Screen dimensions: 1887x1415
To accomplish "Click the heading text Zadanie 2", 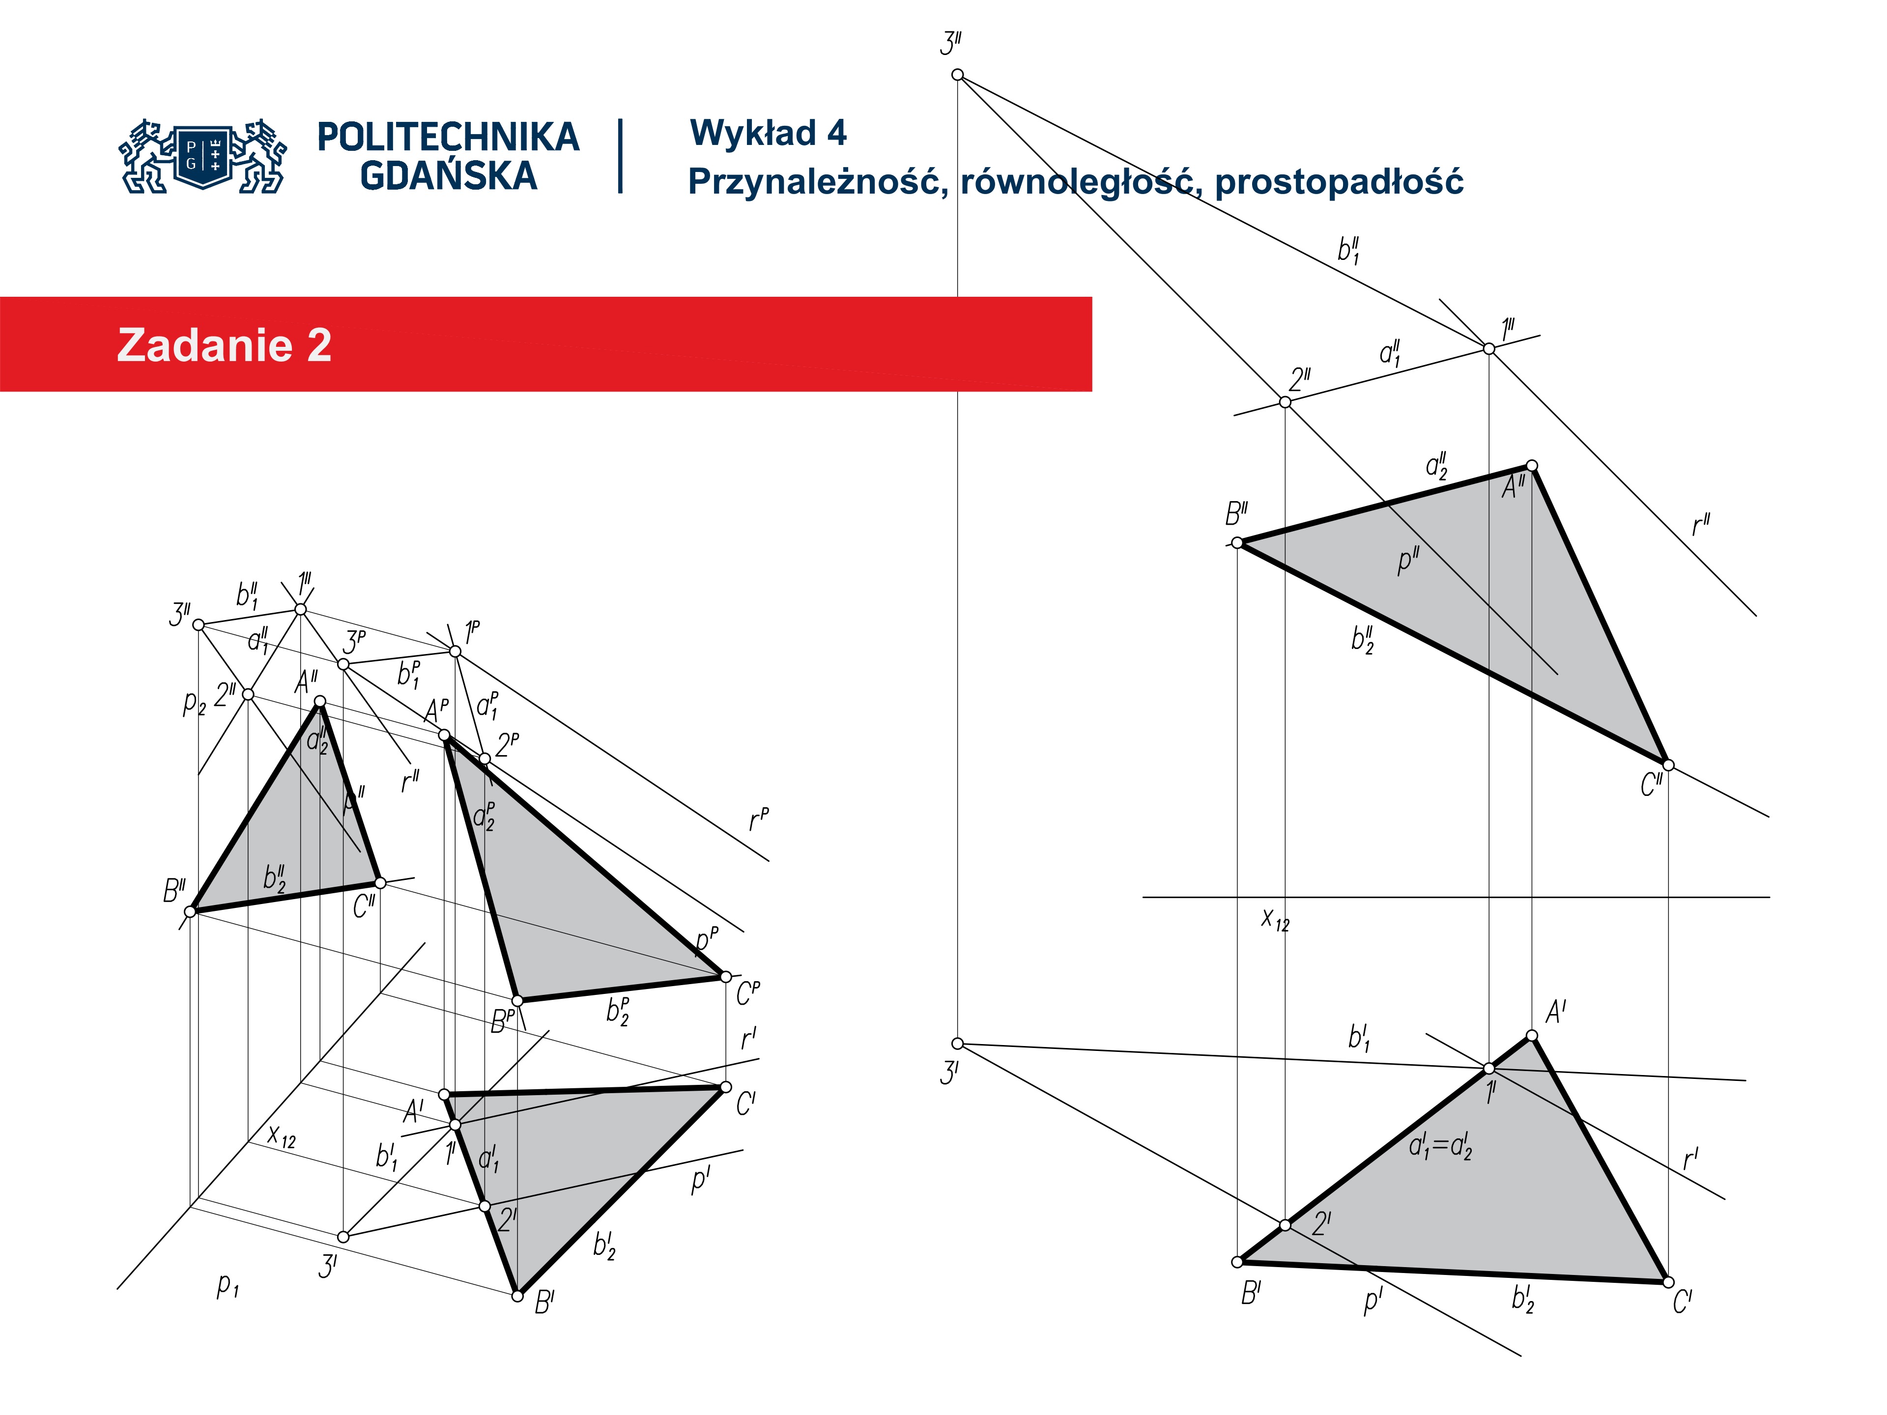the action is coord(225,345).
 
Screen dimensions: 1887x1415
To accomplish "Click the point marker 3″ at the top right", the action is coord(957,75).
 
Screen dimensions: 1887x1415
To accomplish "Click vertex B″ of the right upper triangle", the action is coord(1237,542).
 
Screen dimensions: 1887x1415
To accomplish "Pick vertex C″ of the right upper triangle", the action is coord(1668,765).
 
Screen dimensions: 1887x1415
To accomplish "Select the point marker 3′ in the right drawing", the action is coord(957,1043).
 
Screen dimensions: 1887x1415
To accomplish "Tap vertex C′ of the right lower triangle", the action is coord(1668,1281).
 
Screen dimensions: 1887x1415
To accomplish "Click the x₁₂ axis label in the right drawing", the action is coord(1275,919).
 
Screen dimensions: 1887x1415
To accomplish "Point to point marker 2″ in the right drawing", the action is coord(1285,402).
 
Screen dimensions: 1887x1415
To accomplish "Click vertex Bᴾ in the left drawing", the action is coord(517,1000).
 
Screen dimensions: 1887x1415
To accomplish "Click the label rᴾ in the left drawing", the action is coord(758,820).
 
